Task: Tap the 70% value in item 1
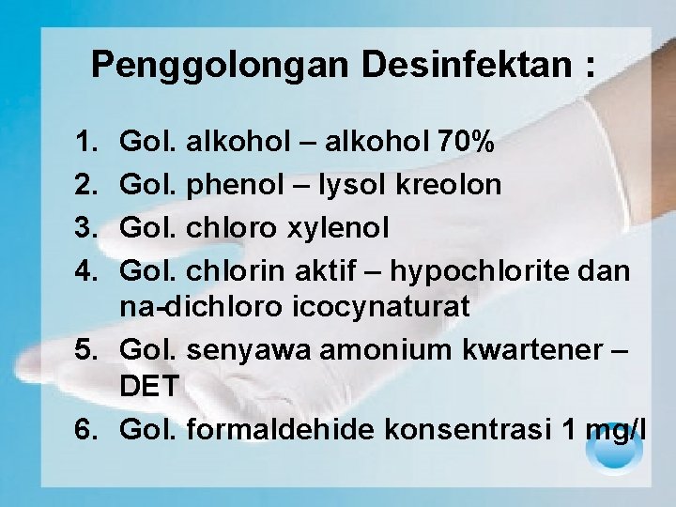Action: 466,143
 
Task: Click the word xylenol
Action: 340,228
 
